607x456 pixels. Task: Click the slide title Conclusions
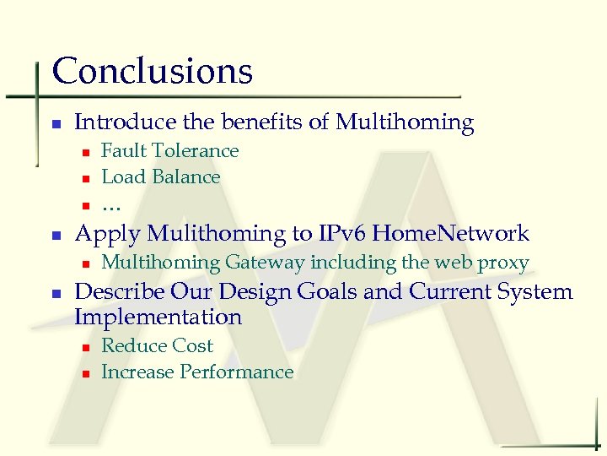click(x=152, y=71)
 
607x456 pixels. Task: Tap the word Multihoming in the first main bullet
click(x=405, y=122)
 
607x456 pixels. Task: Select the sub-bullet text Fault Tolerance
click(x=169, y=151)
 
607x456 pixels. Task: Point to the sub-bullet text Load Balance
click(x=160, y=177)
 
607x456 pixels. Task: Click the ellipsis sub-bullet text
click(x=110, y=205)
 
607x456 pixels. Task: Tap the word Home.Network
click(x=451, y=234)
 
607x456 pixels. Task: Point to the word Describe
click(x=119, y=292)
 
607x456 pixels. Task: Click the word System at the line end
click(x=534, y=292)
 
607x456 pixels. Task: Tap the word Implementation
click(x=158, y=318)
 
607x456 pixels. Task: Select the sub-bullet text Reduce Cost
click(x=157, y=346)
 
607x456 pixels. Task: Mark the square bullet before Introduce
click(x=56, y=124)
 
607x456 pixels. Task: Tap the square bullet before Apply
click(x=56, y=236)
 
